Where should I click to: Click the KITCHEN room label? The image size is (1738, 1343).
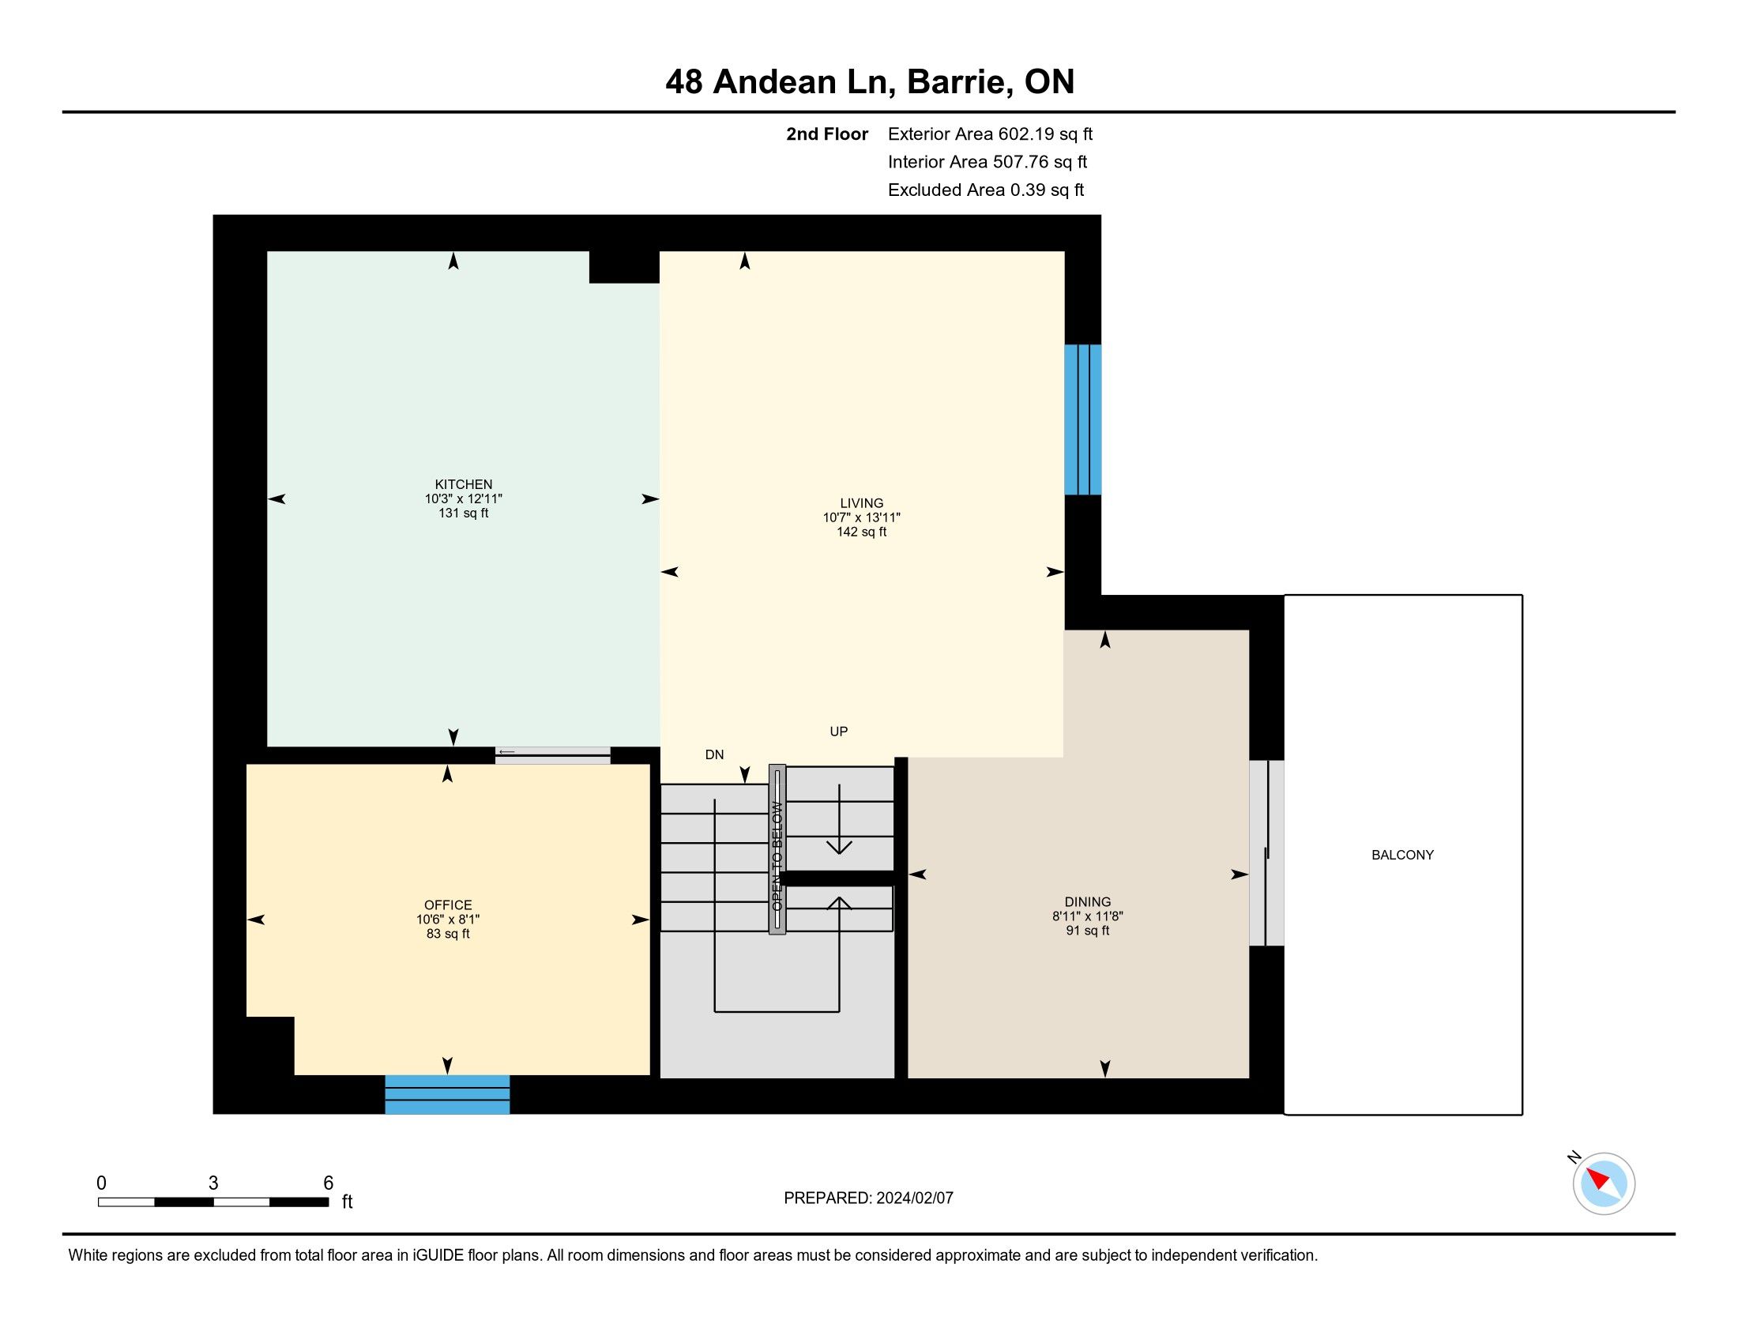(x=463, y=483)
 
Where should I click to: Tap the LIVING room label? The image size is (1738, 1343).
(x=862, y=502)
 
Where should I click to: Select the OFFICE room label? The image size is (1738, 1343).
(x=448, y=905)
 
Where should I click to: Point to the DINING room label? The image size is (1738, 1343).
(x=1088, y=901)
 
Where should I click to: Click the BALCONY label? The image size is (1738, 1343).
(x=1403, y=855)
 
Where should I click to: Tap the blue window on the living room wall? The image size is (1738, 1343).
(x=1083, y=419)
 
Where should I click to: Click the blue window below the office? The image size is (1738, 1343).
(x=447, y=1095)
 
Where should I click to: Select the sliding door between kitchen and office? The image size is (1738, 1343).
(x=553, y=755)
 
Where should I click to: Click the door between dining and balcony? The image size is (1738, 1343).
(x=1267, y=853)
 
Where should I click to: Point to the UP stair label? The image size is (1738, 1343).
(x=839, y=732)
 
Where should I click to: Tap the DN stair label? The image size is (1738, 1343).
(x=715, y=754)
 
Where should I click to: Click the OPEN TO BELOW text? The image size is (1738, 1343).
(x=777, y=856)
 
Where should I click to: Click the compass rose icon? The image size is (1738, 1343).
(x=1604, y=1183)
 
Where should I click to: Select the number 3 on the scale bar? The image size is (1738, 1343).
(x=213, y=1183)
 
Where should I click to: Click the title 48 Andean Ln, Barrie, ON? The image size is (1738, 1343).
(x=870, y=81)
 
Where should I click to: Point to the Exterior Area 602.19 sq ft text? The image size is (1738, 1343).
(x=991, y=134)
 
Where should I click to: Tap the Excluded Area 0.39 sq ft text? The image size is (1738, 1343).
(x=986, y=190)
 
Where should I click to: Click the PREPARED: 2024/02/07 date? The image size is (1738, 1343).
(x=868, y=1198)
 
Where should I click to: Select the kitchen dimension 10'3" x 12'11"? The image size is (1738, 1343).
(x=463, y=498)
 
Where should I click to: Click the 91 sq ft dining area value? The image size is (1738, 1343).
(x=1088, y=930)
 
